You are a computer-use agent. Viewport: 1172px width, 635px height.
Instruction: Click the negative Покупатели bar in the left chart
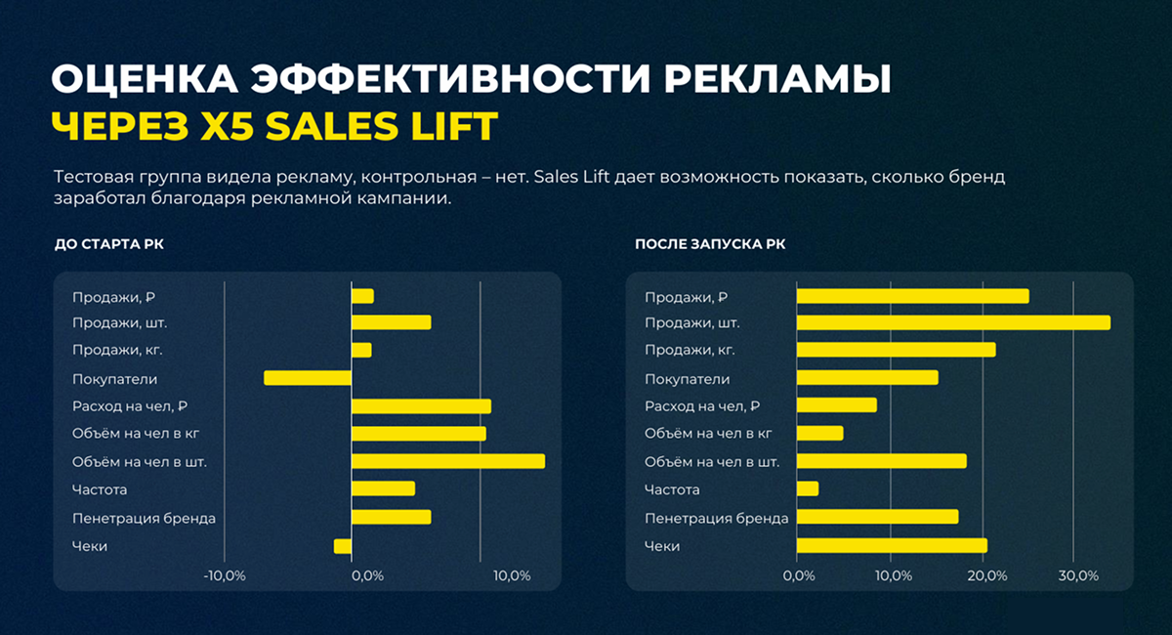coord(308,378)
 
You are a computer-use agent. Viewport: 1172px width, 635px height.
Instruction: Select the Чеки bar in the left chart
coord(343,546)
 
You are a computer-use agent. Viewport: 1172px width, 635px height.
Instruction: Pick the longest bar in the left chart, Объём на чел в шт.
coord(448,461)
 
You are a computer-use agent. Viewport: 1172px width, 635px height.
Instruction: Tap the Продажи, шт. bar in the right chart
coord(953,322)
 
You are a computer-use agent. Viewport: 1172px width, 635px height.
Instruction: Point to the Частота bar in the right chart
coord(808,488)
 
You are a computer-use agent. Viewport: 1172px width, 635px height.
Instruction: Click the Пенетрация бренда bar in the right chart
coord(877,517)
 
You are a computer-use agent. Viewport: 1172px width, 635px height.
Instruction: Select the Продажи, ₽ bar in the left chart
coord(362,296)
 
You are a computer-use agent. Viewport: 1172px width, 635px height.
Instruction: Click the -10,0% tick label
coord(225,575)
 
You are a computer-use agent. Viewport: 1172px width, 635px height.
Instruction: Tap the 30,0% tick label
coord(1077,575)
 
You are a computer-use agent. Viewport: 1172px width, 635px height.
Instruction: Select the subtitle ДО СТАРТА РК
coord(109,244)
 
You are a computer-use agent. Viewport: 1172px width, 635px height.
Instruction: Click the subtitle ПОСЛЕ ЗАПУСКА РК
coord(710,244)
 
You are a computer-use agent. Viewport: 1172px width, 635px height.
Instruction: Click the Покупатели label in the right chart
coord(687,379)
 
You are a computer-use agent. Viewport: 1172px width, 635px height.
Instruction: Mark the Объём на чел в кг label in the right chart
coord(708,434)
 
